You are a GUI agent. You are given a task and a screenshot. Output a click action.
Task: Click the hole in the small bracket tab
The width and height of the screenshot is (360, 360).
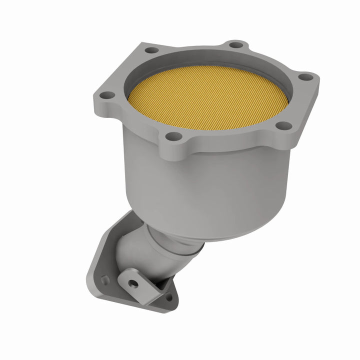click(134, 282)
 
